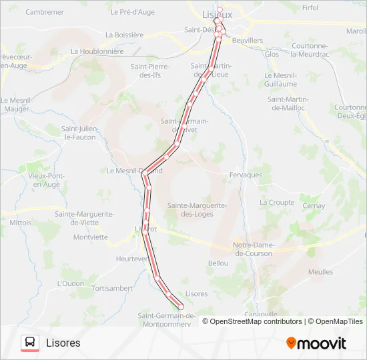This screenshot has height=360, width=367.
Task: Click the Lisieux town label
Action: pyautogui.click(x=217, y=13)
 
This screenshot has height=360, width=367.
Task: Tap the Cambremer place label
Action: pyautogui.click(x=45, y=12)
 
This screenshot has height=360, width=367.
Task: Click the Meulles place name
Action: pyautogui.click(x=320, y=272)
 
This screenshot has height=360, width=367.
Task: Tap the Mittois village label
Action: pyautogui.click(x=20, y=223)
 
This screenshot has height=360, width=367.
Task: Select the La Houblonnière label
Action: pyautogui.click(x=97, y=51)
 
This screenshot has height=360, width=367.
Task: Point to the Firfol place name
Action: pyautogui.click(x=310, y=7)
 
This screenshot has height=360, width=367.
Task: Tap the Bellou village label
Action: pyautogui.click(x=218, y=263)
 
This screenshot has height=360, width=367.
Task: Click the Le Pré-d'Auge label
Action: pyautogui.click(x=132, y=12)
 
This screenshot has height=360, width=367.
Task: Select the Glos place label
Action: pyautogui.click(x=272, y=54)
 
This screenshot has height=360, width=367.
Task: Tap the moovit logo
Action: pyautogui.click(x=316, y=343)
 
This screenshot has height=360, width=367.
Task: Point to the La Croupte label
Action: pyautogui.click(x=277, y=202)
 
